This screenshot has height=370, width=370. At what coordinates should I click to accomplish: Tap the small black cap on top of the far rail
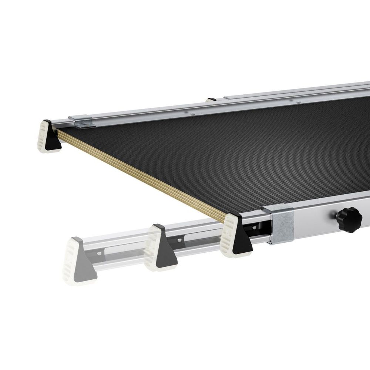pos(212,100)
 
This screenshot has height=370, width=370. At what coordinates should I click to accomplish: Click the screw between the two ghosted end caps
pos(100,253)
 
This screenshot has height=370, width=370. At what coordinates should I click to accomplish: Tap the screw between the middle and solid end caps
pos(180,240)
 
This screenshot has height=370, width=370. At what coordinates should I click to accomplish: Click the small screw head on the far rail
pos(192,115)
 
